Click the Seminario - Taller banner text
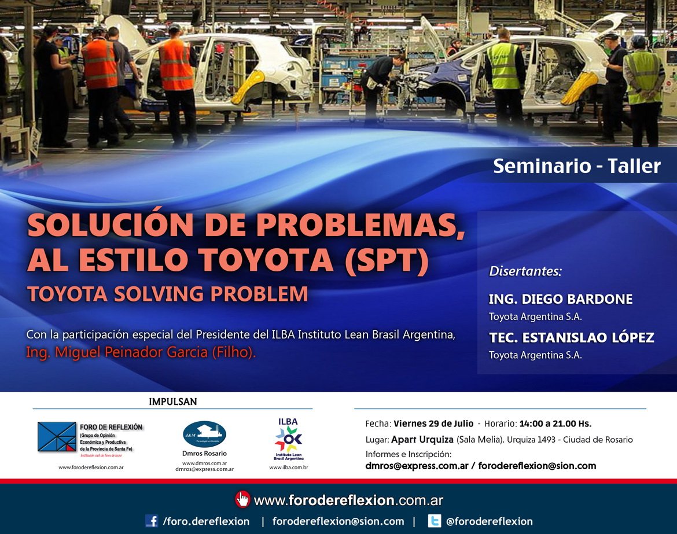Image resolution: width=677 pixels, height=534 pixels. pos(576,166)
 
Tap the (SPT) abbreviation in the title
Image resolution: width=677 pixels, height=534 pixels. pos(387,260)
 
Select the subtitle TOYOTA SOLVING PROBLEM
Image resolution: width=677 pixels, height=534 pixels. pos(168,294)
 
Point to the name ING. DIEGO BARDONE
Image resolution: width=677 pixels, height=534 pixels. pos(560,299)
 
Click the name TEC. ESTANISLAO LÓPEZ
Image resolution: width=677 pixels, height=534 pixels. pos(571,337)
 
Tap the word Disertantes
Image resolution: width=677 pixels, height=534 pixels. pos(525,271)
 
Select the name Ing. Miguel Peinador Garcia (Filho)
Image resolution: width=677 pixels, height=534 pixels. pos(141,352)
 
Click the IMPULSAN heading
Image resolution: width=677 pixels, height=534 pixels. pos(172,402)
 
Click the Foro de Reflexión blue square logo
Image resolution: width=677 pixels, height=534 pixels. pos(57,437)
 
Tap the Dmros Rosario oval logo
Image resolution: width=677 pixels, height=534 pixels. pos(204,434)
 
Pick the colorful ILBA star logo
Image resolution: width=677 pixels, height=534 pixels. pos(288,439)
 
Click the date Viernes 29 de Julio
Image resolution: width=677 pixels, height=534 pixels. pos(433,423)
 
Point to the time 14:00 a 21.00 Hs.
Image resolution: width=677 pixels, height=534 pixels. pos(555,423)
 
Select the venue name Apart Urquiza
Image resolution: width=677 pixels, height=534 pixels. pos(422,440)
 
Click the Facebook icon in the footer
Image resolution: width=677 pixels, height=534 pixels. pos(152,521)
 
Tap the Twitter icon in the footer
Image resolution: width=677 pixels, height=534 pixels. pos(434,521)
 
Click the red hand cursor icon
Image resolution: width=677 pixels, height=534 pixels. pos(242,499)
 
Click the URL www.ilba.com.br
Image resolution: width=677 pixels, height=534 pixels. pos(288,467)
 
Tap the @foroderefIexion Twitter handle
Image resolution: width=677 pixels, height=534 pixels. pos(489,521)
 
